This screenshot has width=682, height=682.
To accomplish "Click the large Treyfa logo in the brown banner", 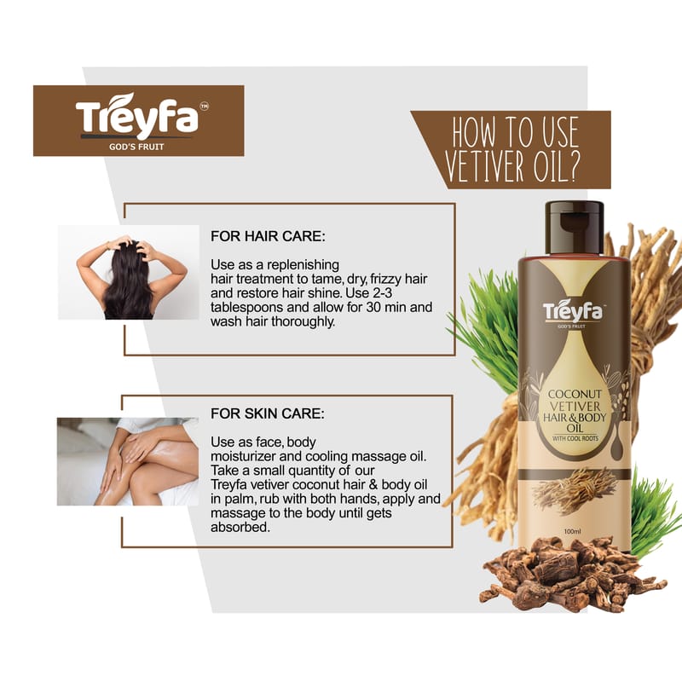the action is tap(137, 116).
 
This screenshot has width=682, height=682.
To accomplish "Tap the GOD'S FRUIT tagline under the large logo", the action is tap(136, 147).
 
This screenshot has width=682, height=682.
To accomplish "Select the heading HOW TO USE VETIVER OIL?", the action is tap(513, 148).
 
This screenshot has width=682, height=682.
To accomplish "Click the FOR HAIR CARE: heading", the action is tap(268, 236).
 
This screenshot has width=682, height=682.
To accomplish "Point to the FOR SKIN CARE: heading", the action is tap(267, 413).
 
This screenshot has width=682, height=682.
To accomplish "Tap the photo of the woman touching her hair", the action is tap(129, 272).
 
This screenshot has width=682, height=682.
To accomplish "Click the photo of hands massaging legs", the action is tap(127, 461).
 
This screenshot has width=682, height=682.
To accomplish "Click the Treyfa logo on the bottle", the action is tap(573, 312).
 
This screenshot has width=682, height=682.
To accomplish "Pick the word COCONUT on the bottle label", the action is tap(575, 394).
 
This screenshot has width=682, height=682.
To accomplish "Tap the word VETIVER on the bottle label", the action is tap(575, 407).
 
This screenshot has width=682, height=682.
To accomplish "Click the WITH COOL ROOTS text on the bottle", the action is tap(575, 438).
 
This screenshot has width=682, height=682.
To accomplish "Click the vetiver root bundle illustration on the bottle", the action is tap(575, 490).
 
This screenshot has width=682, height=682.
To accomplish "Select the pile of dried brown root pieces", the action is tap(573, 573).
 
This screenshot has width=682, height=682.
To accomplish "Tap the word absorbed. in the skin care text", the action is tap(240, 527).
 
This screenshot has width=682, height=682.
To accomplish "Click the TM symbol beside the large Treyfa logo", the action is tap(204, 106).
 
